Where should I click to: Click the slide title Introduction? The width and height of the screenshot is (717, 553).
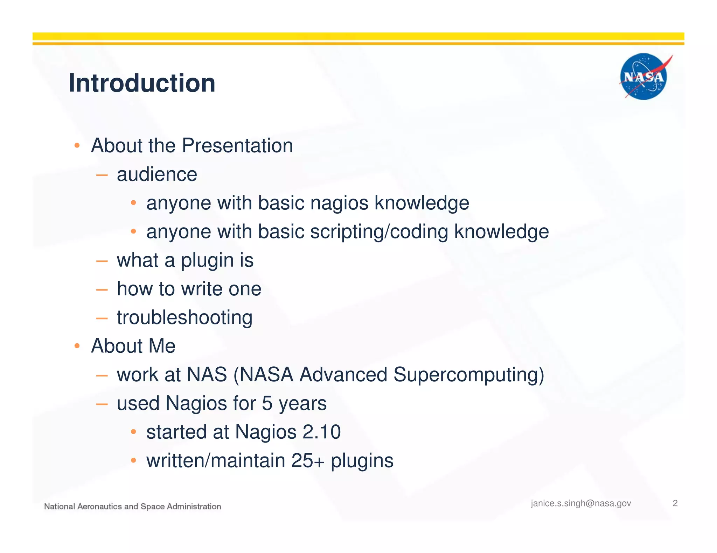click(x=142, y=83)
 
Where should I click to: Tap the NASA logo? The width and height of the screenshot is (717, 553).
click(x=643, y=77)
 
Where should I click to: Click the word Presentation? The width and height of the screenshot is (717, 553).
click(x=237, y=145)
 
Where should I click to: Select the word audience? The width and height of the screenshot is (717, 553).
click(x=157, y=174)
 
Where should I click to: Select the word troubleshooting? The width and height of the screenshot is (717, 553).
click(x=185, y=318)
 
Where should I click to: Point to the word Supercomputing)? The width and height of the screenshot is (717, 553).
click(x=468, y=375)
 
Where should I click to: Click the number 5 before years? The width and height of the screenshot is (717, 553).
click(x=267, y=403)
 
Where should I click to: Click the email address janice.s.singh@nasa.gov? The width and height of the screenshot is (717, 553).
click(x=581, y=503)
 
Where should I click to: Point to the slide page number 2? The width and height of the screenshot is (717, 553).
click(x=675, y=503)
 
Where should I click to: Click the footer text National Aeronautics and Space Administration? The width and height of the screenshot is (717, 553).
click(x=132, y=507)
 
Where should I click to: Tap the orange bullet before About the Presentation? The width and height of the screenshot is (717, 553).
click(x=77, y=145)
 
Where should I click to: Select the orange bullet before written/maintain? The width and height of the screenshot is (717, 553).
click(x=133, y=461)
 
